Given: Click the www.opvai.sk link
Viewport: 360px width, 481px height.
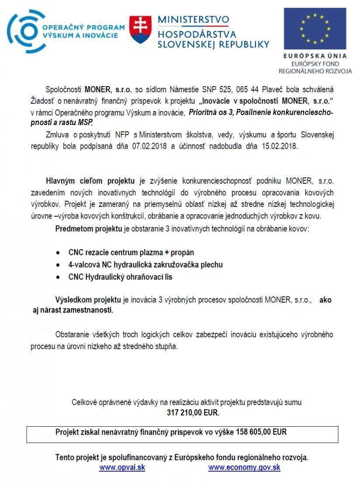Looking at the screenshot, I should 122,467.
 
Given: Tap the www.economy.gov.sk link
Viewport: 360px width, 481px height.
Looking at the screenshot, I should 244,467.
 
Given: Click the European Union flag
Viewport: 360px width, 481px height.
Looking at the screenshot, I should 315,28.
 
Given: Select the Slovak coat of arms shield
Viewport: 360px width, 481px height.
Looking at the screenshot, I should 140,30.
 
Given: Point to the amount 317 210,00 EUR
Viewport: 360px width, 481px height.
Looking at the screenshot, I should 193,412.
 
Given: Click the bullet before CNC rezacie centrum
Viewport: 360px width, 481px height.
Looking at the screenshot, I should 58,253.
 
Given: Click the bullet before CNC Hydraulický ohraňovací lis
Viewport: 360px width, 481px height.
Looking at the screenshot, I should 58,277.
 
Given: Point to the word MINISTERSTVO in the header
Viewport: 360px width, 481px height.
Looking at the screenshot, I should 193,20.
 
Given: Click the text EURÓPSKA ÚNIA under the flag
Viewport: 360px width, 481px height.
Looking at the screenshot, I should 315,56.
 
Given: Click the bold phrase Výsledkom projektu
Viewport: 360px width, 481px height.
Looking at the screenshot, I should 88,300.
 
